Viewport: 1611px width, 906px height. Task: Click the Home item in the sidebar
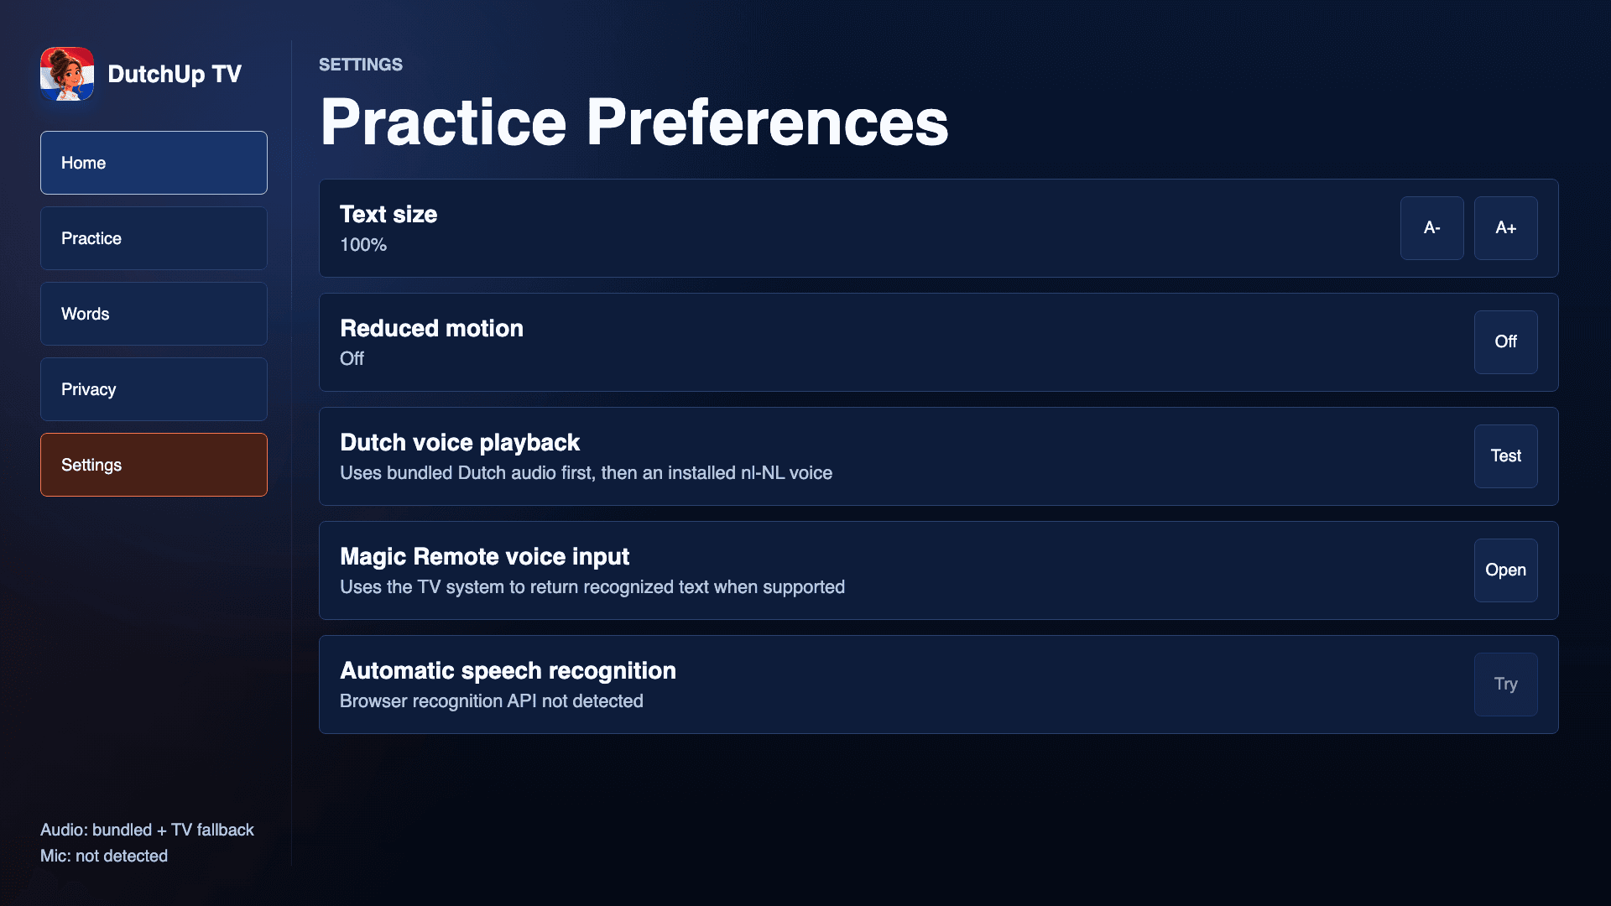154,163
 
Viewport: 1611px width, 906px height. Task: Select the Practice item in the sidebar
154,238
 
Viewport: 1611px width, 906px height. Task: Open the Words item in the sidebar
154,314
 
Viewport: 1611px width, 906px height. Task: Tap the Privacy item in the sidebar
154,389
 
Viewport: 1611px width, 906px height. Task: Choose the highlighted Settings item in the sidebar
154,465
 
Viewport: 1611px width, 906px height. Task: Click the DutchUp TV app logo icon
67,74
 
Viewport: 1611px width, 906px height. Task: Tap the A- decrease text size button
1431,228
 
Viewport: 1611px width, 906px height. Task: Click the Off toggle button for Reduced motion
1505,342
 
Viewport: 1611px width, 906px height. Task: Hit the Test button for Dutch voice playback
1505,456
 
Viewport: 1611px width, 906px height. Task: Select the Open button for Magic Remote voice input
1505,570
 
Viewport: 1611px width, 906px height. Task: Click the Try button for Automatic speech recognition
1505,685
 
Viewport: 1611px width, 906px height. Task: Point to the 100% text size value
363,245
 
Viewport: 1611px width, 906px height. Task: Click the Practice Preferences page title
634,122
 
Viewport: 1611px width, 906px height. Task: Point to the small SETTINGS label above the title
361,65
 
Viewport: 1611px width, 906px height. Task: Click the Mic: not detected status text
104,856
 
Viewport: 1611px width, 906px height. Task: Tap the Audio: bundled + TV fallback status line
147,830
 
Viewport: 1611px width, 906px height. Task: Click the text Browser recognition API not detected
492,701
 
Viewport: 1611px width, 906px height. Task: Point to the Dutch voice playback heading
460,442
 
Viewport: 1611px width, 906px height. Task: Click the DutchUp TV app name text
175,74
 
